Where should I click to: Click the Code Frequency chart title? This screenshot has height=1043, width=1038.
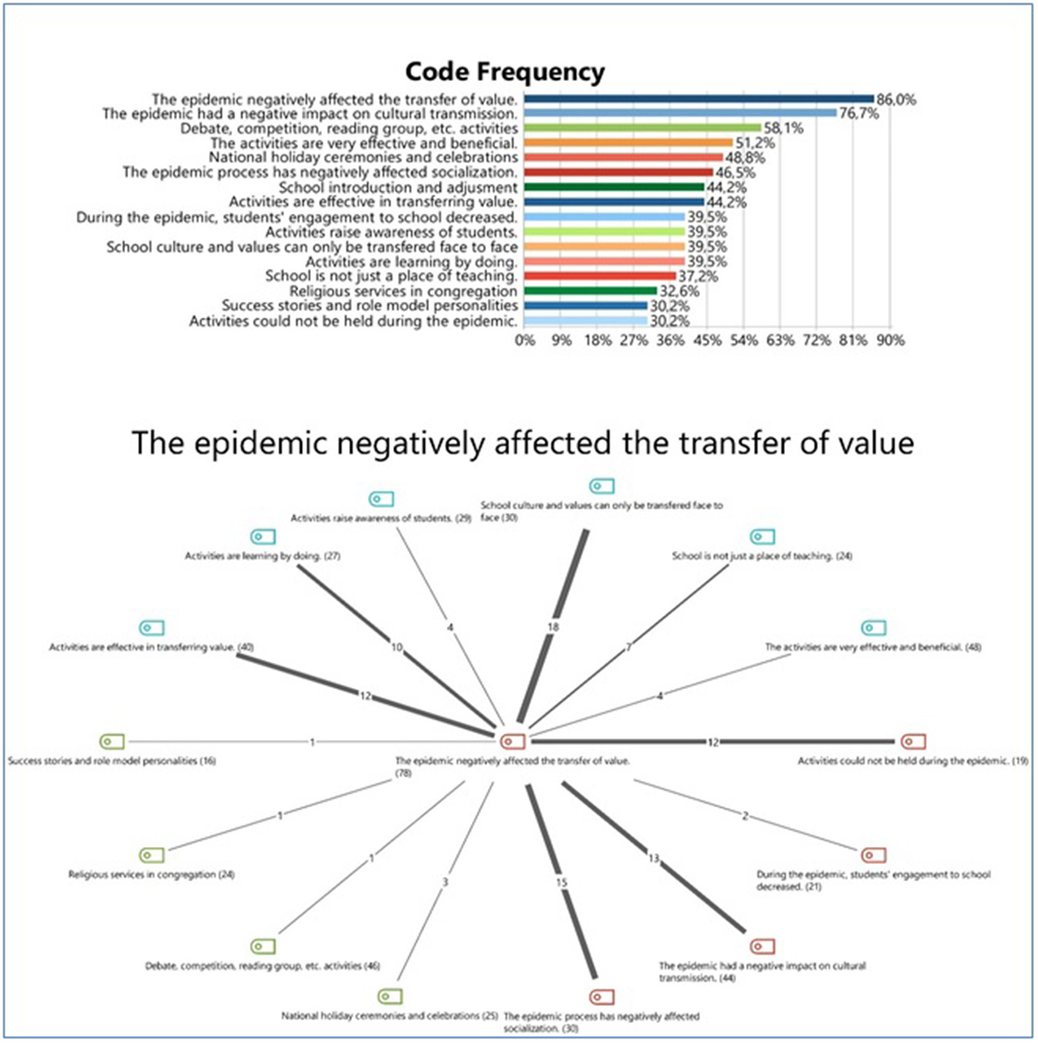pyautogui.click(x=504, y=72)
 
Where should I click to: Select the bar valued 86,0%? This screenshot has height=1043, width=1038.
pyautogui.click(x=698, y=99)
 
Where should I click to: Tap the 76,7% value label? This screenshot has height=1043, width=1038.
pyautogui.click(x=859, y=114)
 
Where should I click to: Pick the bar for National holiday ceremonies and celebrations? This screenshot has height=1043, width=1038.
pyautogui.click(x=623, y=158)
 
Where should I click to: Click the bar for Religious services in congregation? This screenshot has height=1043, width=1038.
pyautogui.click(x=590, y=291)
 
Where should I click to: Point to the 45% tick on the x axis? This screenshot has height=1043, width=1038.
pyautogui.click(x=707, y=340)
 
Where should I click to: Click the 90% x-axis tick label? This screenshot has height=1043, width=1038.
pyautogui.click(x=890, y=340)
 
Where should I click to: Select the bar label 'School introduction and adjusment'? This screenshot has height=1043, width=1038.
pyautogui.click(x=398, y=188)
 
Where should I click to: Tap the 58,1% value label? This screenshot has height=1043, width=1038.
pyautogui.click(x=783, y=128)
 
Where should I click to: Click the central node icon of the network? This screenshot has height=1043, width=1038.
pyautogui.click(x=513, y=741)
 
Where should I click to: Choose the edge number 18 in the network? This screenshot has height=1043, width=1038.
pyautogui.click(x=553, y=627)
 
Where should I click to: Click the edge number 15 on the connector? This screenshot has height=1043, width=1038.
pyautogui.click(x=562, y=882)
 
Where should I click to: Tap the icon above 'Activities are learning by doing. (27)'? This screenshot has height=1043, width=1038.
pyautogui.click(x=262, y=537)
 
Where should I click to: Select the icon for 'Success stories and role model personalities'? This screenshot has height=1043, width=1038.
pyautogui.click(x=112, y=741)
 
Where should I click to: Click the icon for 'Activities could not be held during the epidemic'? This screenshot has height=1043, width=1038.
pyautogui.click(x=913, y=741)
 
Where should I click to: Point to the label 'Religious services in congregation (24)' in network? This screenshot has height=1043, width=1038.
pyautogui.click(x=151, y=875)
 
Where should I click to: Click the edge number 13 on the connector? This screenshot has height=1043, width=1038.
pyautogui.click(x=654, y=858)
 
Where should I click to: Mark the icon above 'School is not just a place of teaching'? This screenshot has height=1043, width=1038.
pyautogui.click(x=762, y=537)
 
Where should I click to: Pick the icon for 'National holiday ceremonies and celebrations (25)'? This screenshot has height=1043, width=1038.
pyautogui.click(x=390, y=997)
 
